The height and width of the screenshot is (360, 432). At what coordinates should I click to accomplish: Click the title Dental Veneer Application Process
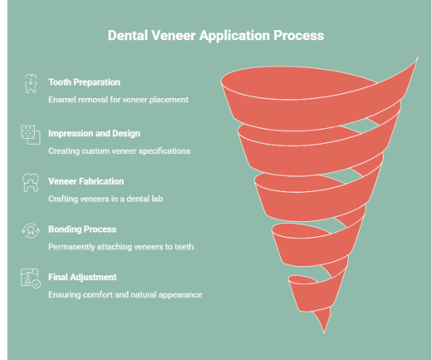[x=216, y=36]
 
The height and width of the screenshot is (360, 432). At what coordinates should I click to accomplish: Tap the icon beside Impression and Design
[x=29, y=134]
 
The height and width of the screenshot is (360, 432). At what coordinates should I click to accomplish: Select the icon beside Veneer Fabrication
[x=29, y=183]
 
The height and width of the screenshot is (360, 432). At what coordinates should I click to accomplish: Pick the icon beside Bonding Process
[x=29, y=231]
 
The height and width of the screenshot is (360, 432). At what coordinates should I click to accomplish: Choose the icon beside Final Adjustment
[x=30, y=279]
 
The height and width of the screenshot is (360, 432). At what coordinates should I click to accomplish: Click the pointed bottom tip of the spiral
[x=323, y=329]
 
